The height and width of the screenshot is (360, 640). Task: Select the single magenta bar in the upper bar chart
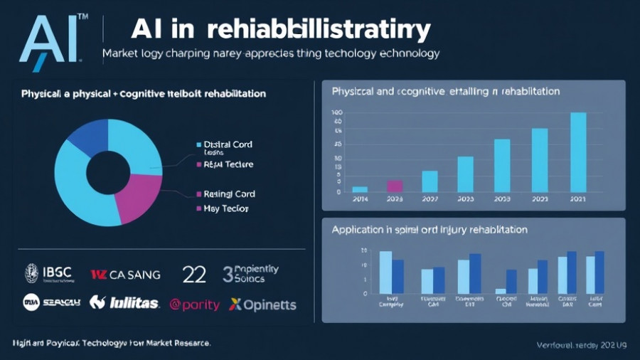395,186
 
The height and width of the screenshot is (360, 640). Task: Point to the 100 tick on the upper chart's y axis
337,112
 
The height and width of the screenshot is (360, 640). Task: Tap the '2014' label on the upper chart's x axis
360,200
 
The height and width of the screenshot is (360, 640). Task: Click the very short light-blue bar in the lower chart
500,291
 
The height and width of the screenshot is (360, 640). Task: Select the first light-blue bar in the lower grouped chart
385,272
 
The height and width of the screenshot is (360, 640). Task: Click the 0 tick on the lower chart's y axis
365,293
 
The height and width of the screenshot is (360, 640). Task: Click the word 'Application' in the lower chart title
356,230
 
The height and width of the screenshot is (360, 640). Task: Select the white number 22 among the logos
195,274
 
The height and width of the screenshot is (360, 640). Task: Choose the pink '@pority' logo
194,305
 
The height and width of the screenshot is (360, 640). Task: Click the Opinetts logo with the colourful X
262,305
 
